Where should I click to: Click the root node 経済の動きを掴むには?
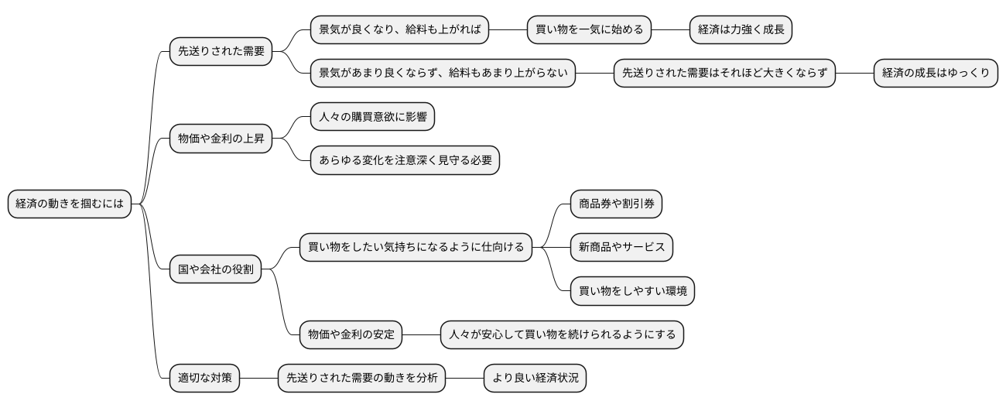point(70,204)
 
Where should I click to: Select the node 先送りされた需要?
point(221,52)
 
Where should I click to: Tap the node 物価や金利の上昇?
point(221,139)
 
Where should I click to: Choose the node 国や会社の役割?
point(216,270)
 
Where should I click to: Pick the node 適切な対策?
point(205,379)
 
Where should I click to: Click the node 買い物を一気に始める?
point(589,30)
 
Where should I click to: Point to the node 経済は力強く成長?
point(741,30)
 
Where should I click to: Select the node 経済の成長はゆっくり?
point(936,74)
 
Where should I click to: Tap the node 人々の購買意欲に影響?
point(372,118)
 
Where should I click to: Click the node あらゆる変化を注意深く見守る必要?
point(405,161)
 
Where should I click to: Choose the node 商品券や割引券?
point(616,204)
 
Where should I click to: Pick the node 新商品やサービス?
point(621,248)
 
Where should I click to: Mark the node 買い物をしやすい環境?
point(632,292)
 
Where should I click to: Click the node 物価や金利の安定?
point(351,335)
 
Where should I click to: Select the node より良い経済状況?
point(536,379)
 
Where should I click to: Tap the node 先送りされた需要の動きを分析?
point(361,379)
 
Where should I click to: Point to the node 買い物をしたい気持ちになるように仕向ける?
point(416,248)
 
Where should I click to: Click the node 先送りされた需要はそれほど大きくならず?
point(724,74)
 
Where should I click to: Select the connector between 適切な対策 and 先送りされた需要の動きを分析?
point(258,379)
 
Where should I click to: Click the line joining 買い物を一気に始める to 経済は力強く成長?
point(670,30)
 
